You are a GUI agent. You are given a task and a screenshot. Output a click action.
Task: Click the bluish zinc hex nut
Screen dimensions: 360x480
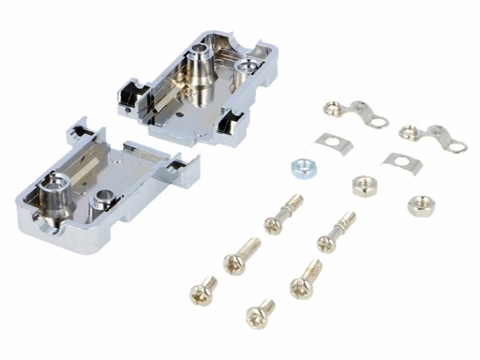[x=302, y=167]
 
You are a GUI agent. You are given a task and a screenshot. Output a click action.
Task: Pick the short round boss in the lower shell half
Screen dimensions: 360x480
[x=103, y=199]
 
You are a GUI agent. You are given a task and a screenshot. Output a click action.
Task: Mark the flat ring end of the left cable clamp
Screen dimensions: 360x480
[x=378, y=120]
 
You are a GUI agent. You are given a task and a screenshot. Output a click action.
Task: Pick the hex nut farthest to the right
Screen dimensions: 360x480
[x=417, y=204]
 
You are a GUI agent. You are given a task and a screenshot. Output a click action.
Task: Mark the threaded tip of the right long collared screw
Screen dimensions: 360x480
[x=352, y=218]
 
